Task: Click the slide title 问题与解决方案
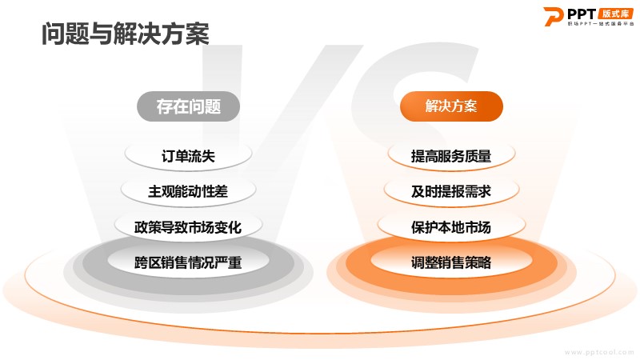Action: [126, 34]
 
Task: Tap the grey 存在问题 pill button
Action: [188, 106]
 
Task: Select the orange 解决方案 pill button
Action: [451, 106]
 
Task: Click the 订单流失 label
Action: [188, 156]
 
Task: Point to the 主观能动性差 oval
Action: [188, 191]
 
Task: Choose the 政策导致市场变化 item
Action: [188, 227]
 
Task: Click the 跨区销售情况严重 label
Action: [188, 262]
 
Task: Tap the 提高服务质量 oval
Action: [451, 155]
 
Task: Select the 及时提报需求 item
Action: [451, 191]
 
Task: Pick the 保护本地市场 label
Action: [451, 227]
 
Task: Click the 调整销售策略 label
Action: [451, 262]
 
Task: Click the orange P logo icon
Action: [553, 17]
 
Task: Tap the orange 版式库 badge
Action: [616, 14]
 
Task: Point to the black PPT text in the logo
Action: [582, 14]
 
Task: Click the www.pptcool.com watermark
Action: [599, 352]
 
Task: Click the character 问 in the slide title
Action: [53, 34]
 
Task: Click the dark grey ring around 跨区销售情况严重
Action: [188, 288]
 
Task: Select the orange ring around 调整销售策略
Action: [451, 288]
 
